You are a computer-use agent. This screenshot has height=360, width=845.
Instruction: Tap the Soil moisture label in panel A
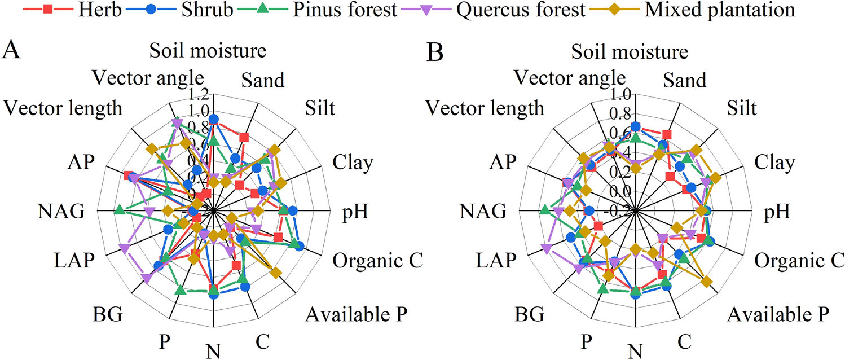[x=208, y=51]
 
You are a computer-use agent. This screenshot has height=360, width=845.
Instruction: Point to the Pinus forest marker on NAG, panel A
[x=119, y=210]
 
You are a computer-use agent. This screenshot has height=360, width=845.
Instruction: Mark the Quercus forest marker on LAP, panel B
[x=545, y=249]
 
